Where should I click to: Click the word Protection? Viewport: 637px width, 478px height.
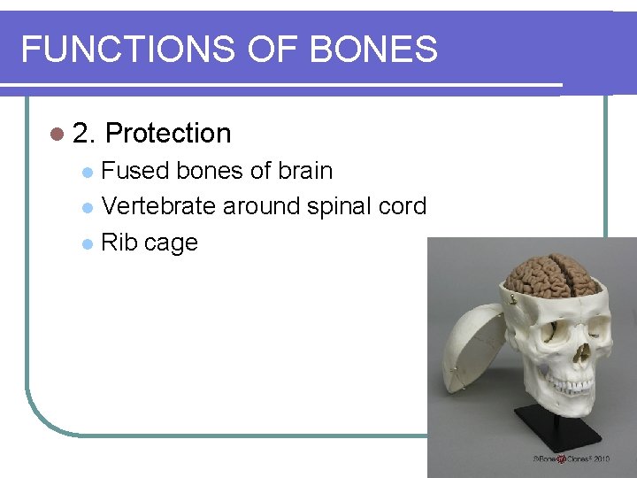coord(168,134)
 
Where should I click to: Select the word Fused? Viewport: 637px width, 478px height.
coord(135,171)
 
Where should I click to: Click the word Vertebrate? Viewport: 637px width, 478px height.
coord(158,206)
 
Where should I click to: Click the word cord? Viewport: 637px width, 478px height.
coord(403,206)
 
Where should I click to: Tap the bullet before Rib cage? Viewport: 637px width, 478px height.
coord(87,243)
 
